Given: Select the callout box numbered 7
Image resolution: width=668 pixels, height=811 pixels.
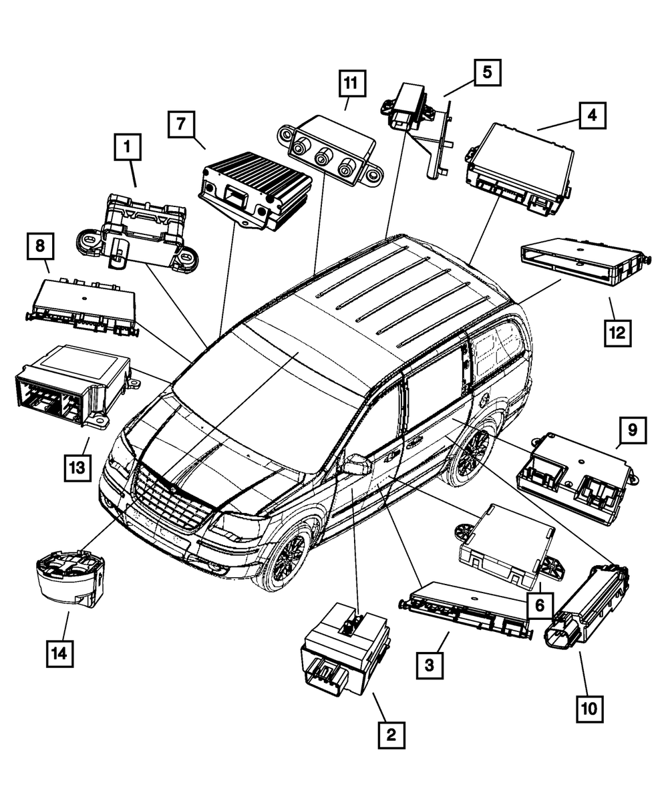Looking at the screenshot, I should pos(181,124).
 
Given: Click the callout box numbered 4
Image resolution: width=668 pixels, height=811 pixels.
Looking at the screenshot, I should pos(591,114).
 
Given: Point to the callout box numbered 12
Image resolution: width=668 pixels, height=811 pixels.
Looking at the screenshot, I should pos(617,332).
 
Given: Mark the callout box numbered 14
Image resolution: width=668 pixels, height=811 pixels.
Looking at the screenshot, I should pos(59,653).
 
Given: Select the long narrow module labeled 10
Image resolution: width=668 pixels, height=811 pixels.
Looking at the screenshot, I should pos(588,605).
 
